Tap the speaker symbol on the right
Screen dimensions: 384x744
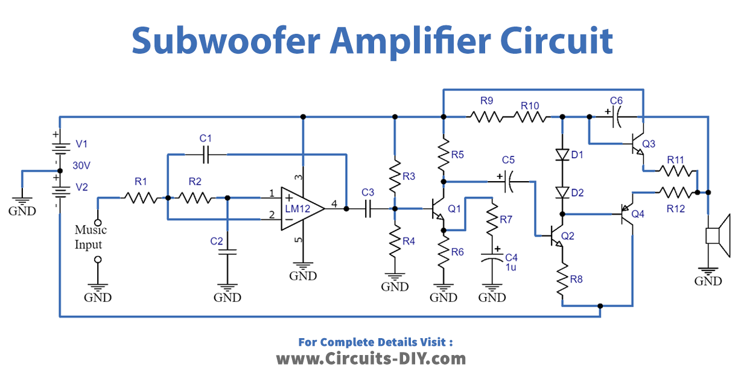[717, 235]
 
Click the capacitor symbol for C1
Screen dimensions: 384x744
[206, 155]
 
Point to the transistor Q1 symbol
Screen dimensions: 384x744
[438, 209]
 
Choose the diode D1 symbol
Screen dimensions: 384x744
[562, 155]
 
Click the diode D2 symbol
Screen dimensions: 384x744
[562, 193]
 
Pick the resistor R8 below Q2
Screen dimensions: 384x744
[562, 279]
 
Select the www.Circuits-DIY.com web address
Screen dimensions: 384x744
[371, 359]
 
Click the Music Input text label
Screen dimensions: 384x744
[90, 237]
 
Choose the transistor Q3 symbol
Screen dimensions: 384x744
[637, 144]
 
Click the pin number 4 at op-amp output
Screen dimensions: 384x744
[334, 203]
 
